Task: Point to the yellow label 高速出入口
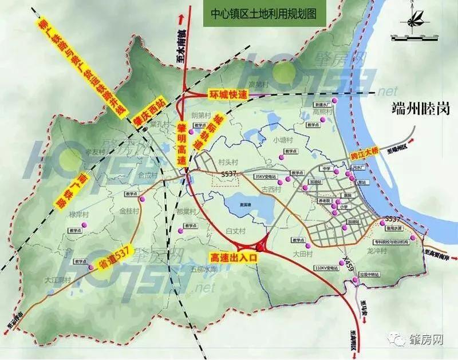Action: click(235, 258)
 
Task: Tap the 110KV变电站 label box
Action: click(328, 267)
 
